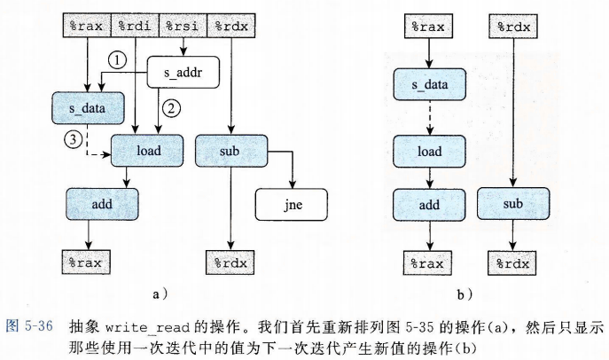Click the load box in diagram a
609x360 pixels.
(148, 151)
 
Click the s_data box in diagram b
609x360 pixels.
(429, 86)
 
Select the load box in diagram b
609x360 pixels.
(429, 151)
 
